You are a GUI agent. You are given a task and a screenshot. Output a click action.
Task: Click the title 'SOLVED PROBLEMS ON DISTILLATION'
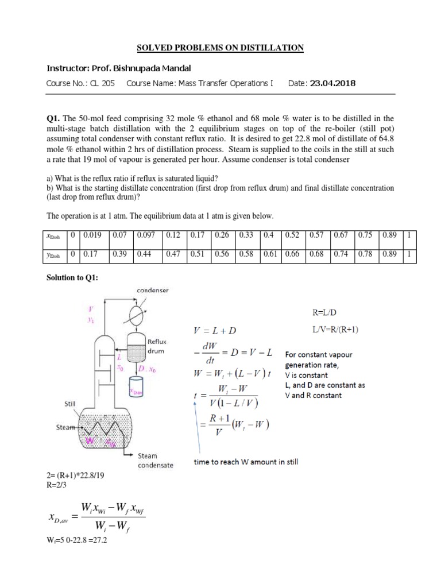point(220,47)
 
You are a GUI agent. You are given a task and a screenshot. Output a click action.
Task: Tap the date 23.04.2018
point(332,84)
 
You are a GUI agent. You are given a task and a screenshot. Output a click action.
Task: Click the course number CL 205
point(101,84)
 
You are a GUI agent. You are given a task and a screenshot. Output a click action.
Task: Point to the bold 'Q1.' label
point(54,118)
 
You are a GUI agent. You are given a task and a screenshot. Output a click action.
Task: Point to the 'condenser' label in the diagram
point(152,291)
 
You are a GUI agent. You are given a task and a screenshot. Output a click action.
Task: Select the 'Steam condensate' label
point(155,461)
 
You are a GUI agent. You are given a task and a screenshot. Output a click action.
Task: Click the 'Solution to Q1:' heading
point(72,278)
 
